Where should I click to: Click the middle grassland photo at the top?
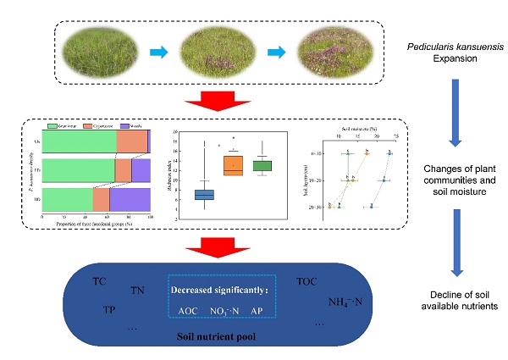pyautogui.click(x=217, y=53)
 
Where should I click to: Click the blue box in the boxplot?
pyautogui.click(x=205, y=195)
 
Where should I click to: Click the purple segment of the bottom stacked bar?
pyautogui.click(x=130, y=199)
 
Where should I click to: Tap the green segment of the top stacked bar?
pyautogui.click(x=79, y=141)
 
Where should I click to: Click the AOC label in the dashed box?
pyautogui.click(x=188, y=311)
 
